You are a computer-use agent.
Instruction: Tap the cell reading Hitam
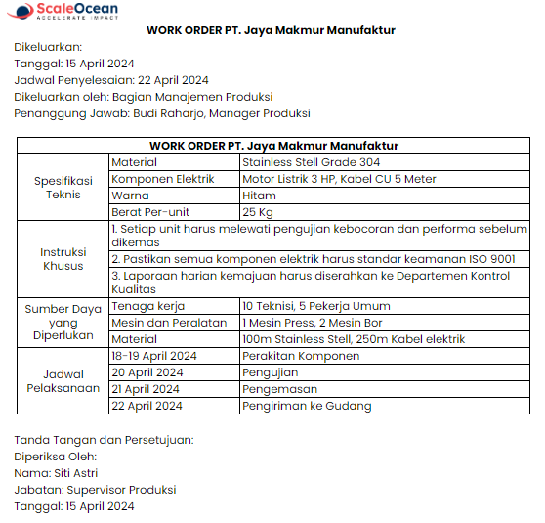click(x=260, y=196)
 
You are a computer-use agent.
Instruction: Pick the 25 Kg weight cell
click(x=258, y=212)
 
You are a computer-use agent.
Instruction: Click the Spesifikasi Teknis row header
click(x=63, y=188)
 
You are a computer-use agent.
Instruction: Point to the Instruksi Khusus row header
click(x=63, y=258)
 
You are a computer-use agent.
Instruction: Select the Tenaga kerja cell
click(x=147, y=306)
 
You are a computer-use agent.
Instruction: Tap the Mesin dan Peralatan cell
click(x=169, y=323)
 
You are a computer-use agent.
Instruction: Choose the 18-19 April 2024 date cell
click(x=154, y=356)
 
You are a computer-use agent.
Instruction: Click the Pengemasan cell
click(x=280, y=389)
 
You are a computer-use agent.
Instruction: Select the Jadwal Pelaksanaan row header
click(x=63, y=380)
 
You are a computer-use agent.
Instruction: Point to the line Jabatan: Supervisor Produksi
click(x=95, y=490)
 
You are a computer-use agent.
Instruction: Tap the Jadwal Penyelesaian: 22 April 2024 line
click(x=110, y=80)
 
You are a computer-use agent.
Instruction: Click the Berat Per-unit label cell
click(x=150, y=212)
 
